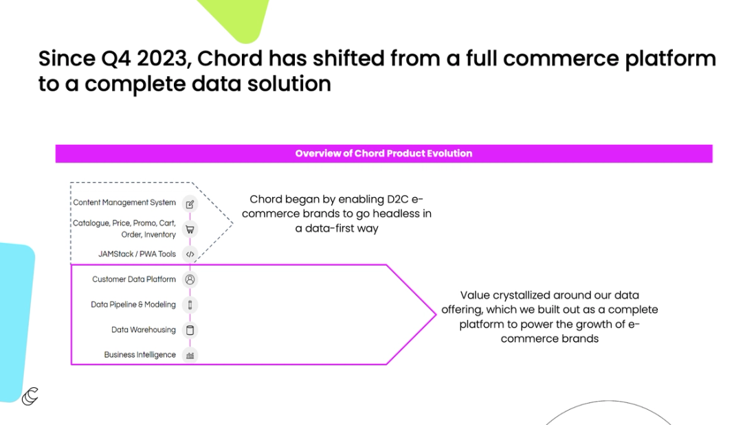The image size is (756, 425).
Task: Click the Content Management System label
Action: point(124,203)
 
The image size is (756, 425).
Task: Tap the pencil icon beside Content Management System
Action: point(190,204)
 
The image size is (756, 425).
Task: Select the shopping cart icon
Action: point(190,229)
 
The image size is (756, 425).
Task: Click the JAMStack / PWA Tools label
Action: point(137,254)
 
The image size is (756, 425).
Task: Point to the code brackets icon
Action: point(190,254)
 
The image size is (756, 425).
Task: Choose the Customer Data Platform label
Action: point(134,279)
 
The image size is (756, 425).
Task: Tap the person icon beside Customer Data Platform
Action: point(190,279)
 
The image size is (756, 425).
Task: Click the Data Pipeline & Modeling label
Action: point(133,304)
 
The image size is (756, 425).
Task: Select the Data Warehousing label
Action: point(144,330)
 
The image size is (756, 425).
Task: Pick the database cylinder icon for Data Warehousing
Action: point(190,330)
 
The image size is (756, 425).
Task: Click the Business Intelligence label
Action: point(140,355)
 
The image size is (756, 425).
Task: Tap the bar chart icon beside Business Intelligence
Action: point(190,355)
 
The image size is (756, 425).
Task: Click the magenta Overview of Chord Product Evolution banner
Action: point(383,154)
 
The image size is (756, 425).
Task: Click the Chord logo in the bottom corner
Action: point(30,395)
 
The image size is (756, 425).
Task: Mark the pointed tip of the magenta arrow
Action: point(435,314)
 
